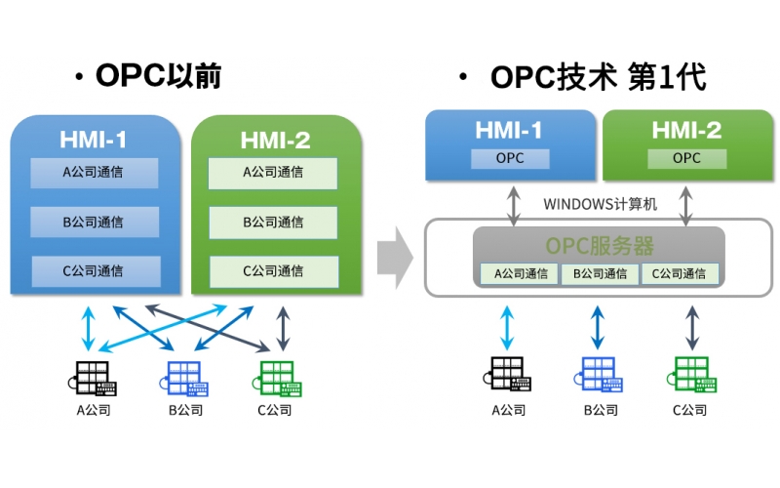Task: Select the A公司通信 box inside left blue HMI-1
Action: pos(94,172)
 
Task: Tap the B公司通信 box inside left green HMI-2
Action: pos(273,222)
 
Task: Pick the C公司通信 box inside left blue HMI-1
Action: pos(94,270)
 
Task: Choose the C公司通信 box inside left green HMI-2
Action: pos(273,270)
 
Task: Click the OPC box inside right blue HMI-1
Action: pos(509,157)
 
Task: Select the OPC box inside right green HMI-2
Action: pos(687,157)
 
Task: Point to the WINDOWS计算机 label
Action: pos(599,204)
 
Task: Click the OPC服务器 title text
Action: pos(599,244)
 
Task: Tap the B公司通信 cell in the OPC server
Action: pos(599,274)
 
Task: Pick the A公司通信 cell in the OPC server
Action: pos(520,274)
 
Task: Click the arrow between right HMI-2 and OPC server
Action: pos(687,203)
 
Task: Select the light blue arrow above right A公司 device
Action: pos(507,327)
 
